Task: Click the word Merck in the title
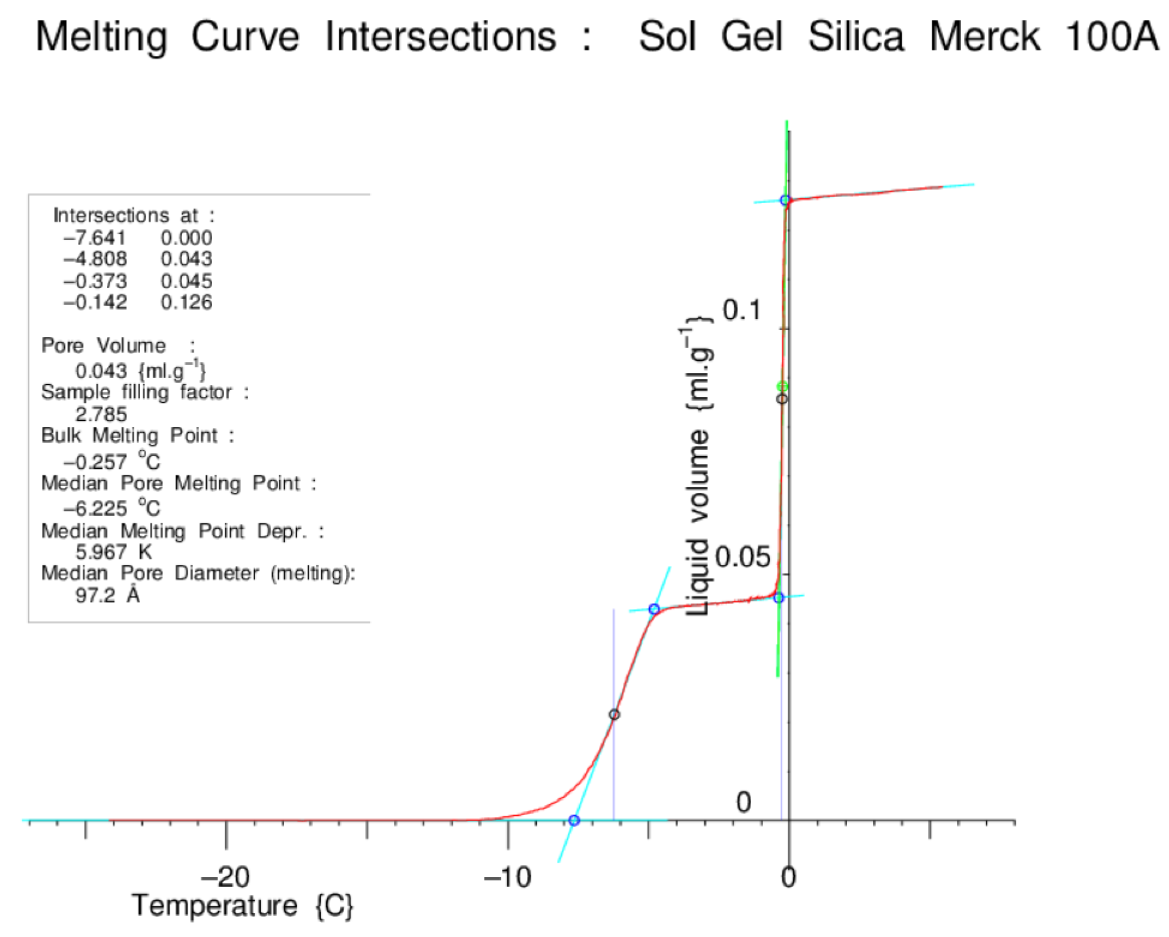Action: pos(984,37)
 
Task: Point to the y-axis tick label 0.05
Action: pos(742,556)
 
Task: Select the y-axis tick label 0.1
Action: pos(742,310)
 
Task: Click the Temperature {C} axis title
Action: pos(242,905)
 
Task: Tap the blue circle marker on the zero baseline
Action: pos(574,820)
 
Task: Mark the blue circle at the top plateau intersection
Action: pos(784,200)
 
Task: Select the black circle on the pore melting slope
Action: pos(614,714)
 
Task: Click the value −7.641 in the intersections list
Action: pos(94,238)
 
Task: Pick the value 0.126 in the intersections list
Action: pos(186,302)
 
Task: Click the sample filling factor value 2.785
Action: pos(101,414)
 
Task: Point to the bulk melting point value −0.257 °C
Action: pos(112,462)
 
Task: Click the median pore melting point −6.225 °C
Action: pos(112,508)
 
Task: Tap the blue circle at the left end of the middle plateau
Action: pos(654,609)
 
